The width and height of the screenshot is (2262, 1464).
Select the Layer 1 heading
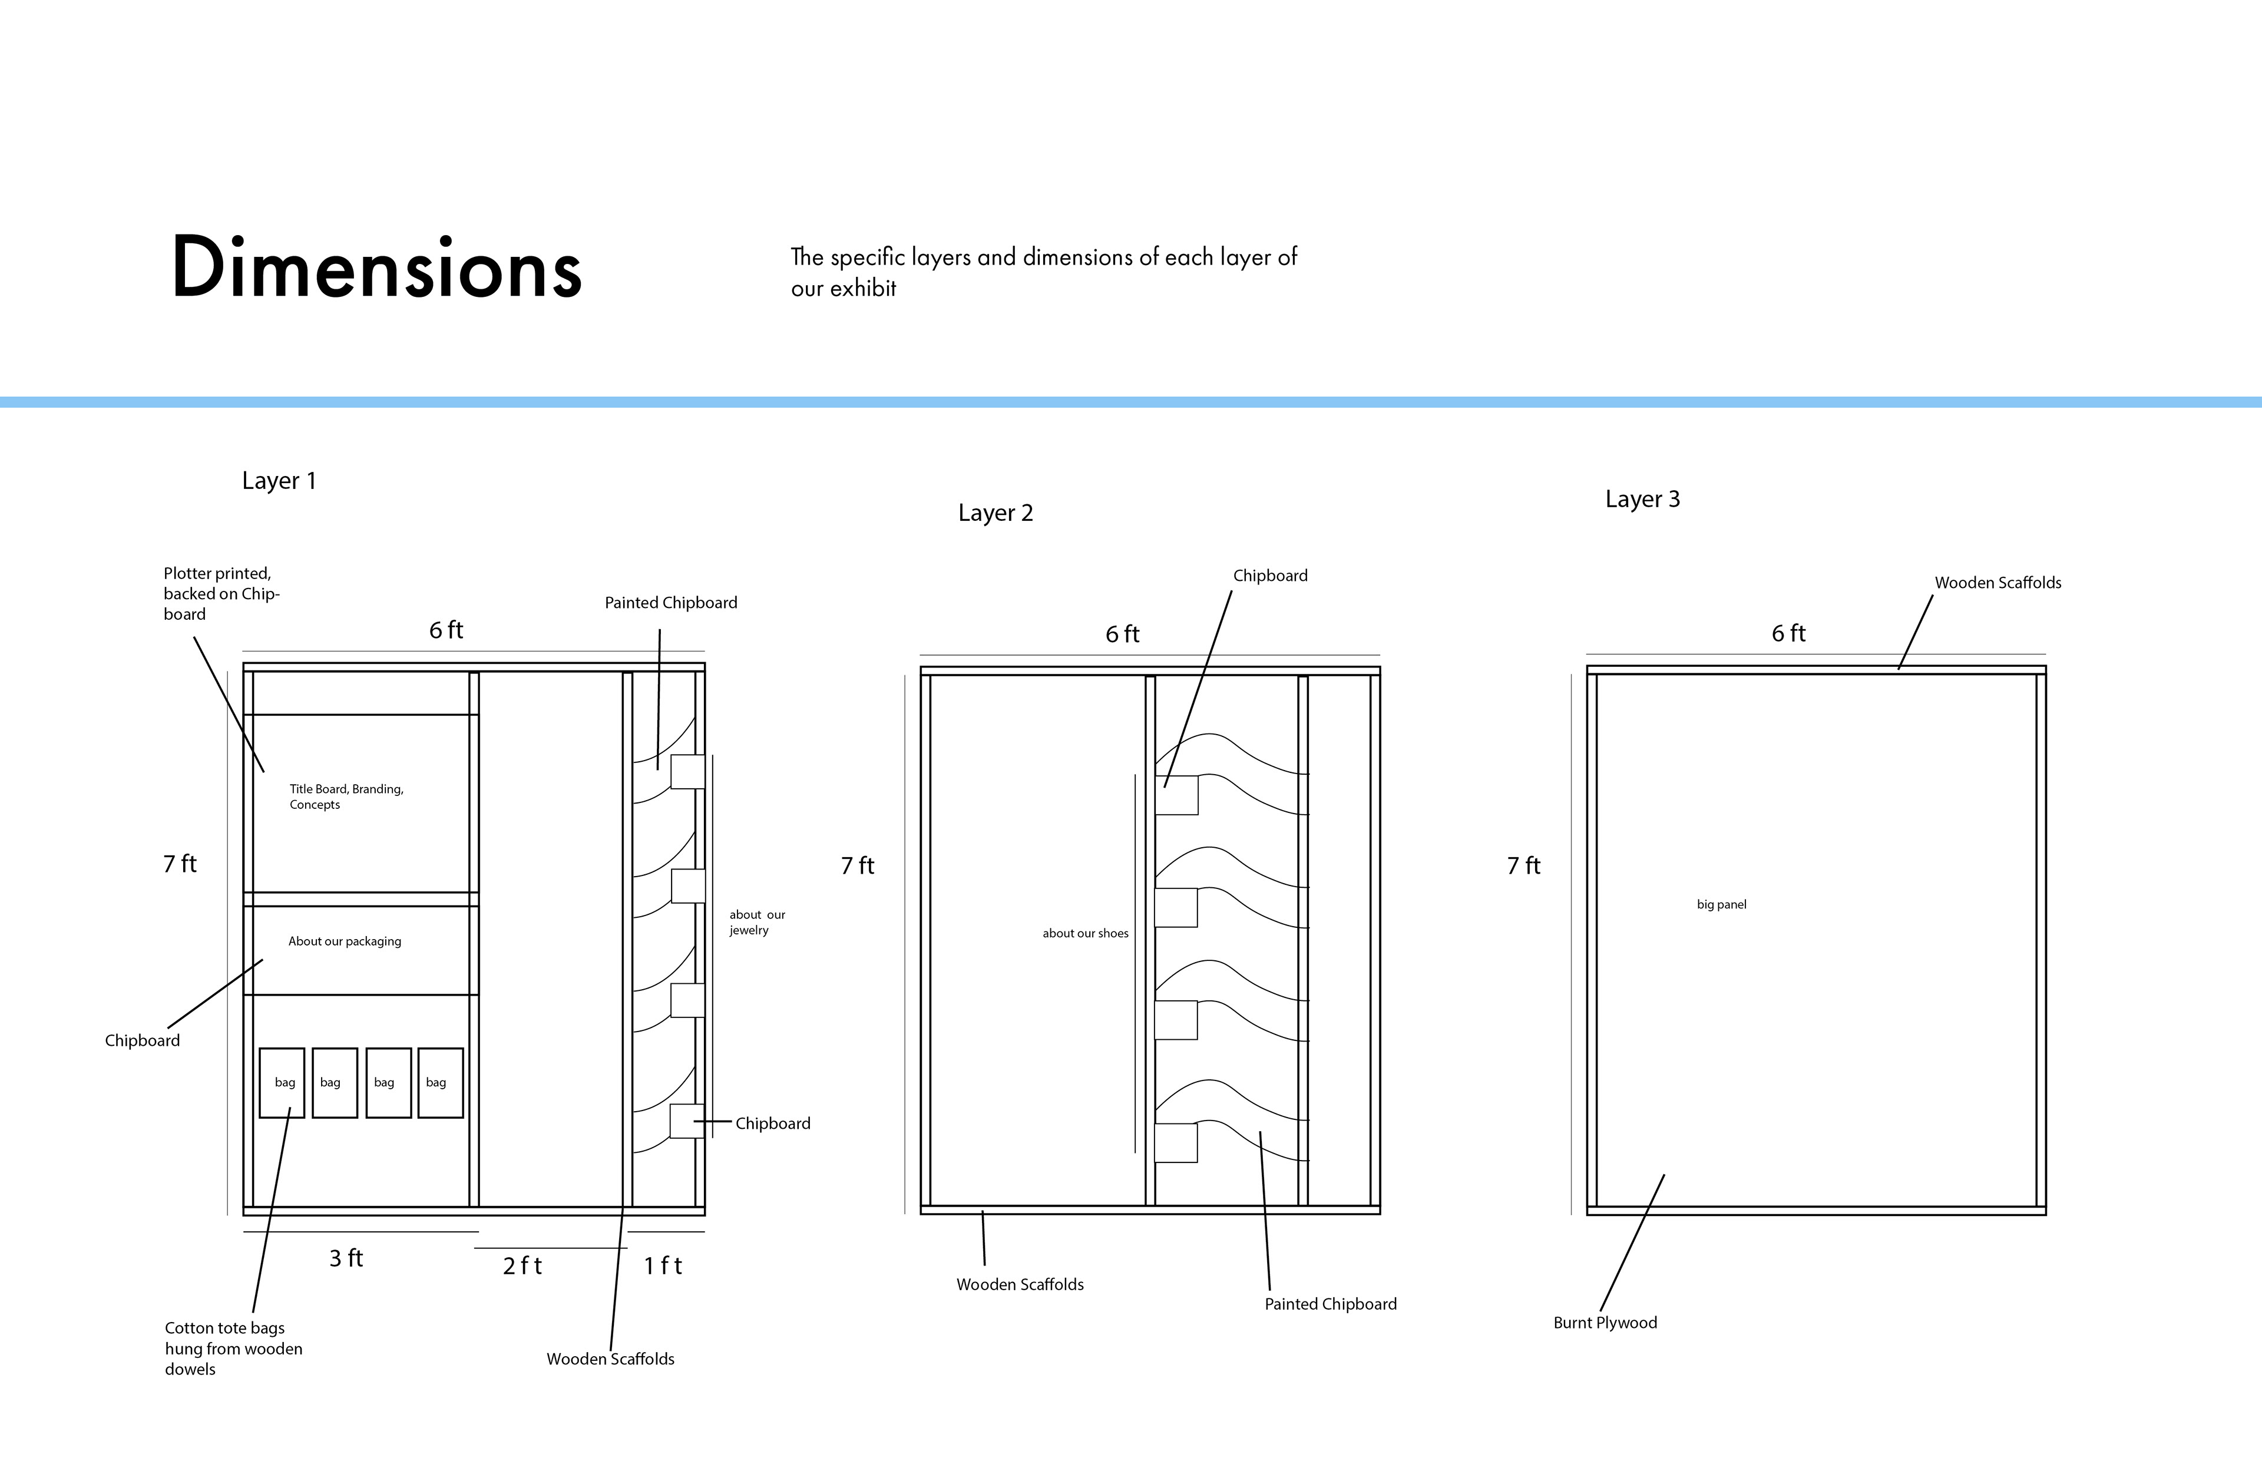pos(279,481)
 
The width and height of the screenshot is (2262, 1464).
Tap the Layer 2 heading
pos(995,513)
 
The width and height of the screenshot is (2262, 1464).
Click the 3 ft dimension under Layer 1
pos(346,1258)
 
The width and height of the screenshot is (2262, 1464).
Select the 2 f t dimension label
pos(522,1266)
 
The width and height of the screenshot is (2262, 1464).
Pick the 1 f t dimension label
pos(663,1266)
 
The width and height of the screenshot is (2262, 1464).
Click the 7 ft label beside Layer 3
pos(1523,866)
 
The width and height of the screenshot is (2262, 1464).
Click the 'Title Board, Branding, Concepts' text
pos(346,797)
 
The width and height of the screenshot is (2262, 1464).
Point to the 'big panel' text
pos(1721,905)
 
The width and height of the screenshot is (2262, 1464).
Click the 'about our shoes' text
pos(1086,934)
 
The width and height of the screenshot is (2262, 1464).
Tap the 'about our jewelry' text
pos(756,922)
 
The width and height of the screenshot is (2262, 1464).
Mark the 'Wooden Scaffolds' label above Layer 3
pos(1998,583)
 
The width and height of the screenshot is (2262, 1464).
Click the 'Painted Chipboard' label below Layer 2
pos(1331,1304)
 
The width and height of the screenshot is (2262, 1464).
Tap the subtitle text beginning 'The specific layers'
pos(1044,272)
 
